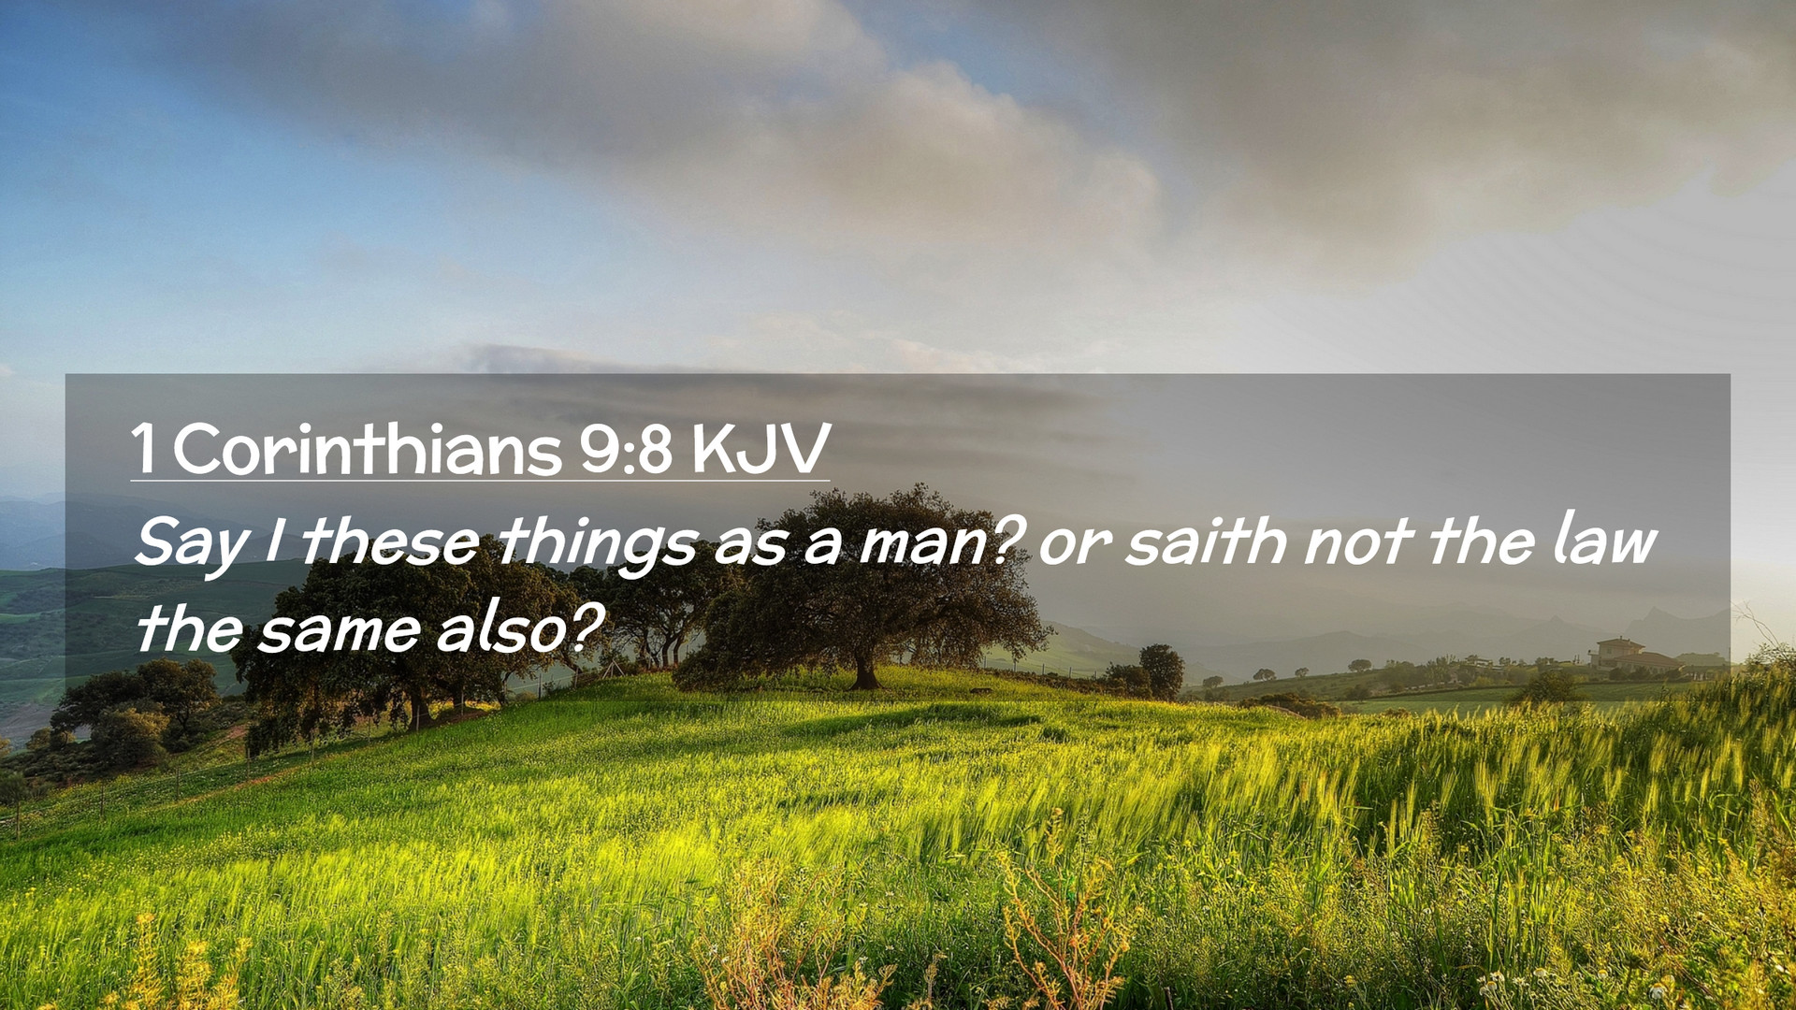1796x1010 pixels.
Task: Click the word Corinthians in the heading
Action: click(x=367, y=449)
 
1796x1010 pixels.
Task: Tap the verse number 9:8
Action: click(x=626, y=449)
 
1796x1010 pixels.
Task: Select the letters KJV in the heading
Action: click(x=760, y=449)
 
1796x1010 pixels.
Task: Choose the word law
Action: click(x=1605, y=540)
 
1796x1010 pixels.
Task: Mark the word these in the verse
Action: click(x=390, y=541)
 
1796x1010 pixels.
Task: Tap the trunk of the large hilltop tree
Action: click(x=865, y=671)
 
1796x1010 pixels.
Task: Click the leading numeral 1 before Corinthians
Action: click(x=143, y=449)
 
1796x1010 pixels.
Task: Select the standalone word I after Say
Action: click(x=273, y=541)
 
